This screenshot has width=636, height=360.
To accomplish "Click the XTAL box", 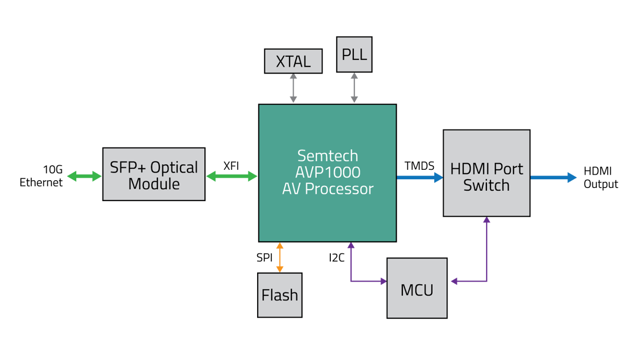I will (293, 61).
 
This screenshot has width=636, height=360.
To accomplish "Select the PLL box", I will (354, 54).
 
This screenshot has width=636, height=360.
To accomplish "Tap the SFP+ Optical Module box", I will (154, 175).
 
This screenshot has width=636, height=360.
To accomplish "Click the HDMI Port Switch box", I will (486, 173).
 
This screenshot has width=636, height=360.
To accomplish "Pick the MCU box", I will (417, 288).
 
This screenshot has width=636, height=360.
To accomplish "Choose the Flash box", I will (280, 295).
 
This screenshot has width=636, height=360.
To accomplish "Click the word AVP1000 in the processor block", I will (328, 172).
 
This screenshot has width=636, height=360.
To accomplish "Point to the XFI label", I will (231, 166).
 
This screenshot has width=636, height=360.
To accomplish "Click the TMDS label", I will (419, 166).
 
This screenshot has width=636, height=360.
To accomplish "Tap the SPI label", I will (264, 257).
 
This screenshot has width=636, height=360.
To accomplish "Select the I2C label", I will (337, 257).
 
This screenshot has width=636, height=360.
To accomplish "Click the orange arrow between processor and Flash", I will (280, 257).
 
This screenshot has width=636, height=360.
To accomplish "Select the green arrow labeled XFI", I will (232, 177).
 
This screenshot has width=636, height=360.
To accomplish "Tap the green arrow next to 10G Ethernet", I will (84, 177).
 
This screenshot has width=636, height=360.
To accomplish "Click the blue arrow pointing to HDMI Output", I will (553, 177).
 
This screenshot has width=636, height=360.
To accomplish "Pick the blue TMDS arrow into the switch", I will (420, 177).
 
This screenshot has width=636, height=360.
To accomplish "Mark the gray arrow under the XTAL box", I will (293, 88).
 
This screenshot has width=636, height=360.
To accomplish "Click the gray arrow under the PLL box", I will (354, 87).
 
